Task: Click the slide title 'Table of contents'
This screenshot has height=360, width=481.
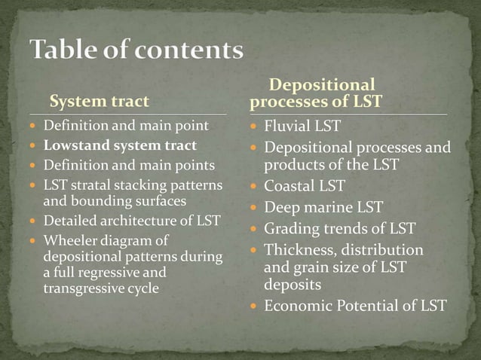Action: [x=136, y=50]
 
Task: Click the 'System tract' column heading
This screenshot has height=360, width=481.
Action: [x=100, y=101]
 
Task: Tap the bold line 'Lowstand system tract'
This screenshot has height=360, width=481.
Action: [x=119, y=145]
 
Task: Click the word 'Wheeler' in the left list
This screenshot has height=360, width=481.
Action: [x=67, y=240]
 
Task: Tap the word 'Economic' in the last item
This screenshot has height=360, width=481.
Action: [x=296, y=306]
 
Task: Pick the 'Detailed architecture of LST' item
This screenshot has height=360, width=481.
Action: [x=131, y=221]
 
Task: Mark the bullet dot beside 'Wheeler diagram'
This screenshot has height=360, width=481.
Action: [x=34, y=241]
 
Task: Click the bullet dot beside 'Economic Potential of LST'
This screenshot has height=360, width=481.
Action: [x=256, y=307]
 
